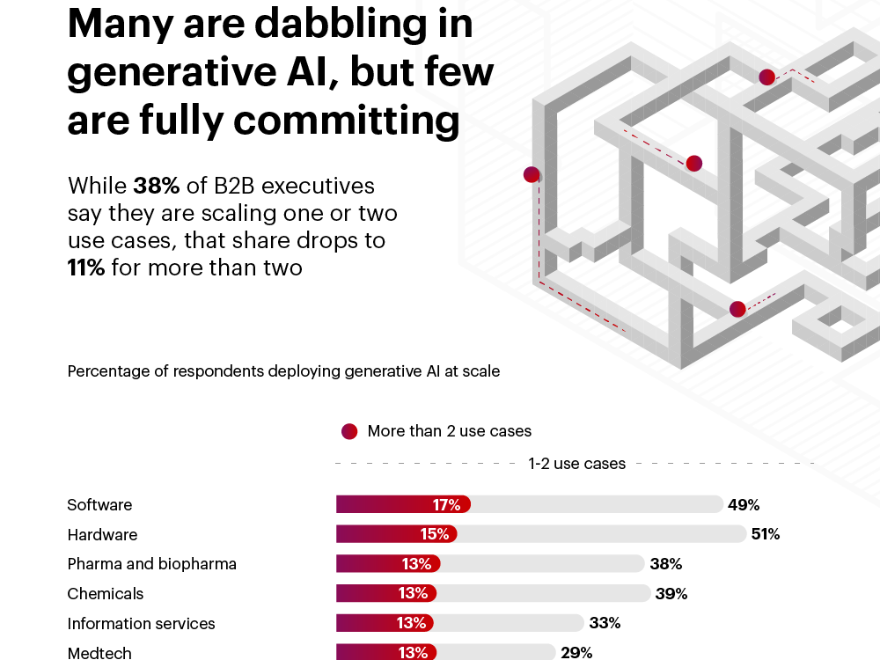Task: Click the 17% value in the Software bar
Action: [446, 505]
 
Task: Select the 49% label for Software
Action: [744, 505]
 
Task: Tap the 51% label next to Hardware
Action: [765, 534]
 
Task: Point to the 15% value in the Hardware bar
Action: [434, 534]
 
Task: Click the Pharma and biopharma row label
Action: [151, 564]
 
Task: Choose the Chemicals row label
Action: [105, 594]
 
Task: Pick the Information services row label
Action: [141, 624]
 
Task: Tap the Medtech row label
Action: [99, 653]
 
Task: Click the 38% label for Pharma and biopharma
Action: [665, 564]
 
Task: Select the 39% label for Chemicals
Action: [671, 594]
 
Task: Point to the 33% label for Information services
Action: [605, 623]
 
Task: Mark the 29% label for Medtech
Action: [576, 653]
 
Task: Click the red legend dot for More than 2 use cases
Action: [349, 431]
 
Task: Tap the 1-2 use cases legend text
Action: [576, 463]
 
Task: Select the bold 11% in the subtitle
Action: [86, 268]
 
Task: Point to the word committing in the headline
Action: [356, 121]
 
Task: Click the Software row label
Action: [99, 505]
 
